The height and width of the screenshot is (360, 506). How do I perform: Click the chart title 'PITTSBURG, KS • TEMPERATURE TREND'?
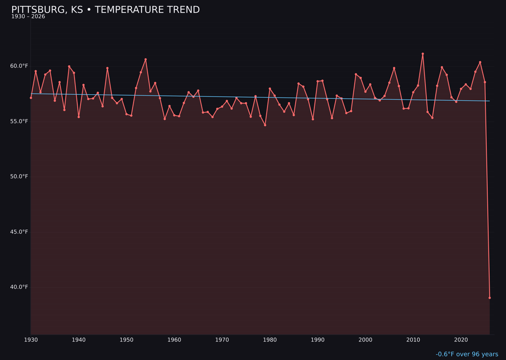tap(105, 10)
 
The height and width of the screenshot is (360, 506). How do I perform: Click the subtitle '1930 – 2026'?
tap(28, 17)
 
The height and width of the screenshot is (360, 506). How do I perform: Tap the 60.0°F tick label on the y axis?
tap(19, 66)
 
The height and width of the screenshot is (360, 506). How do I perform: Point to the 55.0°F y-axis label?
tap(19, 121)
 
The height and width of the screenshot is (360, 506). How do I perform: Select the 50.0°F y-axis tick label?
tap(19, 177)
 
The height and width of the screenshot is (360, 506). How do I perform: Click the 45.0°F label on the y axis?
tap(19, 232)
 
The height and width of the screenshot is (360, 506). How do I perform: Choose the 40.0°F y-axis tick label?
tap(19, 287)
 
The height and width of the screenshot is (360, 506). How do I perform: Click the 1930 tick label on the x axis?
tap(31, 340)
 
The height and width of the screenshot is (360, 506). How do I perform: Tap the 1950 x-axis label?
tap(126, 340)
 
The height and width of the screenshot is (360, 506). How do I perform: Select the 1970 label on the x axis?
tap(222, 340)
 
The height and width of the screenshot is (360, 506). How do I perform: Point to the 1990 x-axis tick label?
tap(318, 340)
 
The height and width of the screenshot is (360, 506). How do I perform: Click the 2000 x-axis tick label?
tap(365, 340)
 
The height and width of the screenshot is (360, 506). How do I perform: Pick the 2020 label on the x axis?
tap(461, 340)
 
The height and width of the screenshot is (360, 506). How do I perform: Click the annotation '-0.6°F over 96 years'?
tap(467, 354)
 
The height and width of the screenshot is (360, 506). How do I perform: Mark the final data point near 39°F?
tap(490, 298)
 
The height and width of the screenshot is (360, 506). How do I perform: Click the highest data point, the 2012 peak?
tap(423, 54)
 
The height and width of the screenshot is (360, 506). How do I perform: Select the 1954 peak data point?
tap(146, 60)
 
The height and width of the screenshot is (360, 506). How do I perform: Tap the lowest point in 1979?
tap(265, 125)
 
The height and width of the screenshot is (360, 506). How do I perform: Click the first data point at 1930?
tap(31, 97)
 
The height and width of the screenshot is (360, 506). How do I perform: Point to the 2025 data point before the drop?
tap(485, 82)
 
